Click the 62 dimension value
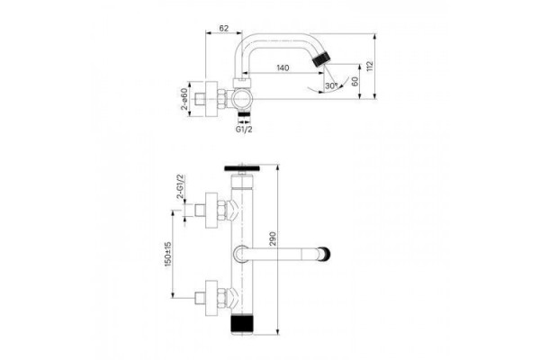pos(223,28)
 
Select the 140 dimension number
pos(283,67)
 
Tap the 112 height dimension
pos(370,66)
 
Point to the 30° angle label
pos(331,85)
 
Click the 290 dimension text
pos(273,238)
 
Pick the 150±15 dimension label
pos(168,254)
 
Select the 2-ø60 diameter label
pos(184,99)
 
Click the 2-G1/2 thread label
pos(181,186)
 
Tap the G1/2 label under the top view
pos(244,130)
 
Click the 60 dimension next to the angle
pos(355,81)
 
